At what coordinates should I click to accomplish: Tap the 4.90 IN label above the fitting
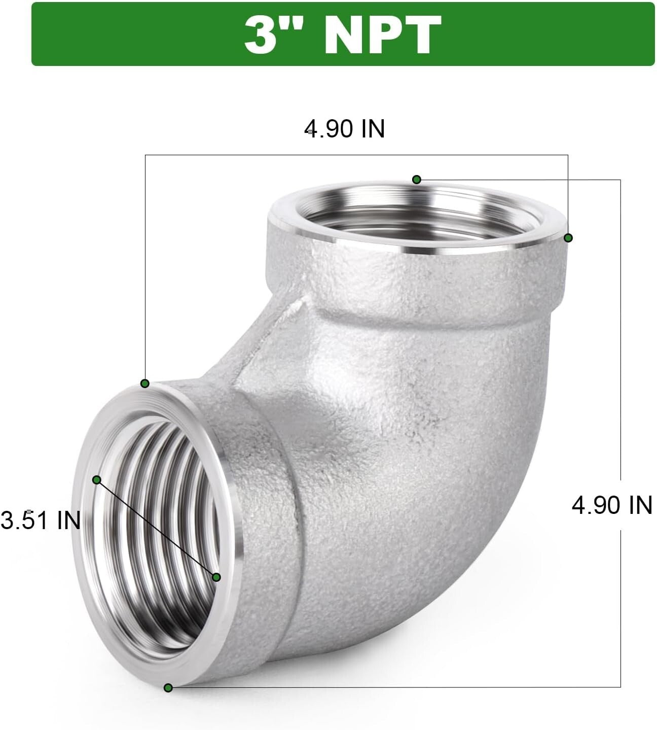point(345,129)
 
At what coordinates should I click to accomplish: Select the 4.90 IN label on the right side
point(611,505)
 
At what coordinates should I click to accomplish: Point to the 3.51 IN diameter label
point(41,520)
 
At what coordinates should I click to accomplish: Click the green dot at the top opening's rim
point(417,179)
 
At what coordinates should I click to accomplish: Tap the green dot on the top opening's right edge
point(568,237)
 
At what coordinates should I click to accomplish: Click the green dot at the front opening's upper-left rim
point(145,383)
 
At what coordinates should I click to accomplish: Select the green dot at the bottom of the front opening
point(168,688)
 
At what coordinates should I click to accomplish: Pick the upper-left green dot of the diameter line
point(97,479)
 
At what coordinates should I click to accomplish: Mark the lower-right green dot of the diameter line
point(216,577)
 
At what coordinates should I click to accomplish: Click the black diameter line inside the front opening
point(157,528)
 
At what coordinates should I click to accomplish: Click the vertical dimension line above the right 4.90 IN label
point(620,330)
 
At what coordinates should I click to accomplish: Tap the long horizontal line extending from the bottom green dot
point(395,687)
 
